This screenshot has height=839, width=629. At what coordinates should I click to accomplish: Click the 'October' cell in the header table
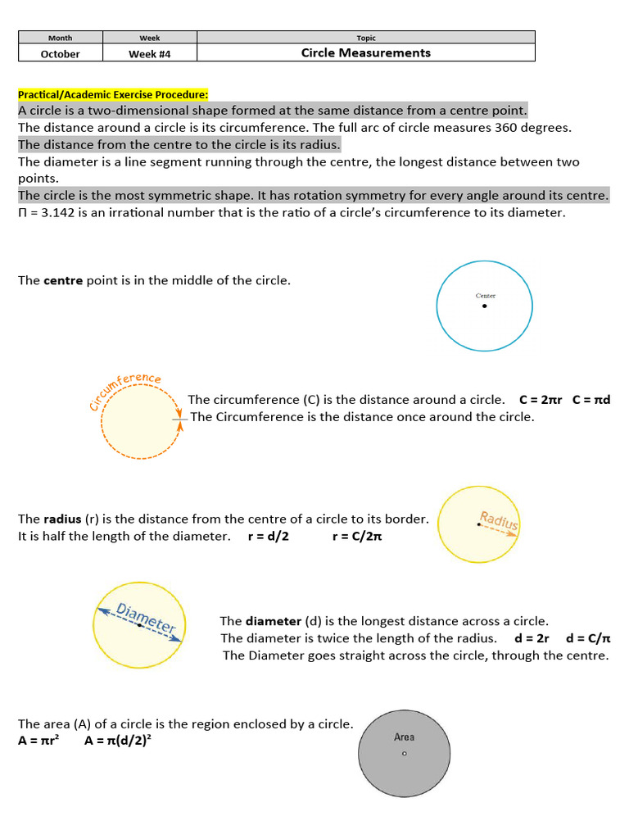tap(61, 54)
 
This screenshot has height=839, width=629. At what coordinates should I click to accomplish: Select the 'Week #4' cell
tap(150, 54)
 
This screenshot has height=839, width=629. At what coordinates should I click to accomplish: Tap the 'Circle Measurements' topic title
tap(365, 53)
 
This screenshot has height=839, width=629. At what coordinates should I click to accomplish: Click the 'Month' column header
tap(61, 38)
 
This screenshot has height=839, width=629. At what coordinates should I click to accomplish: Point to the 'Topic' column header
tap(365, 38)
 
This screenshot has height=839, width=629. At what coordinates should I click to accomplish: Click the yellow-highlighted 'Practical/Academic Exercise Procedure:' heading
tap(113, 94)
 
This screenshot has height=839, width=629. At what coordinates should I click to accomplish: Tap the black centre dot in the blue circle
tap(484, 306)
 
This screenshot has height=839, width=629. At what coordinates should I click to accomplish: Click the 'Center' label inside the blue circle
tap(485, 296)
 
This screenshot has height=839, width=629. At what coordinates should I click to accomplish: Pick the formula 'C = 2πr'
tap(540, 400)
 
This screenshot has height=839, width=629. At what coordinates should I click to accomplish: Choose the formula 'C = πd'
tap(591, 400)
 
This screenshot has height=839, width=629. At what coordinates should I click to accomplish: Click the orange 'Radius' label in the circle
tap(499, 520)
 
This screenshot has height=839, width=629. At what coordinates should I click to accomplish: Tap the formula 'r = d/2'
tap(268, 536)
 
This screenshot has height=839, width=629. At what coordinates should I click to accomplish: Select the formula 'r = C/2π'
tap(357, 536)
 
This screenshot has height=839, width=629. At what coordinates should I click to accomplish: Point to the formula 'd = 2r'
tap(532, 638)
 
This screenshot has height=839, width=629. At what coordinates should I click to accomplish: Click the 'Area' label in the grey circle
tap(404, 737)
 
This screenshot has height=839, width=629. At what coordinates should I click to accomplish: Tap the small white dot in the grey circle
tap(404, 754)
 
